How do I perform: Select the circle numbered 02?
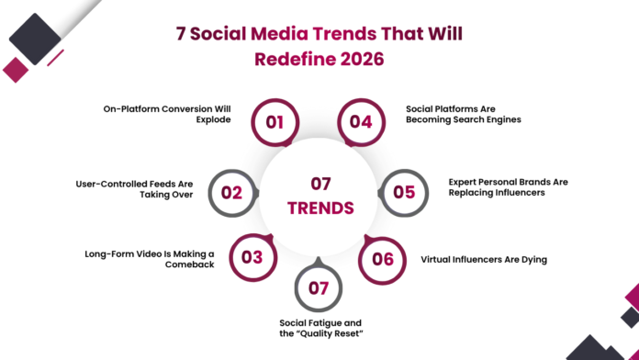click(x=231, y=192)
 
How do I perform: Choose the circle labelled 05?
click(x=404, y=192)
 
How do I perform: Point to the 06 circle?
click(x=382, y=258)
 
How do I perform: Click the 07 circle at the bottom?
click(x=319, y=288)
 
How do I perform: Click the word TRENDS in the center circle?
click(x=319, y=208)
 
